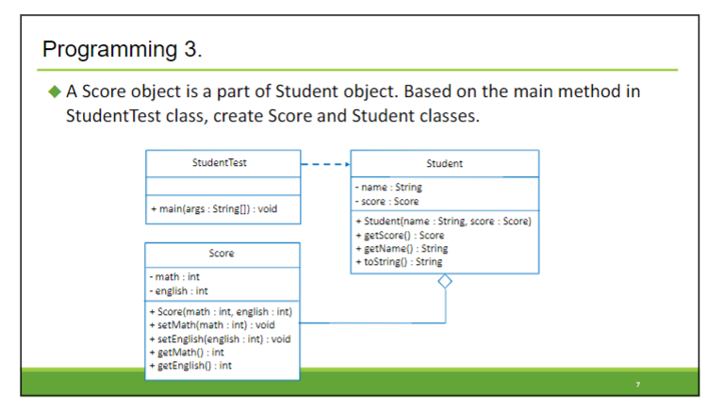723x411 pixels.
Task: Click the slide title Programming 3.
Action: [123, 49]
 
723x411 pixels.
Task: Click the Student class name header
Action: [444, 163]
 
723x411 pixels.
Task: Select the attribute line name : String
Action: [388, 188]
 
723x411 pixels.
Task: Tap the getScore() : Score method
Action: [399, 235]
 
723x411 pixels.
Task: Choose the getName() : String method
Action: [401, 248]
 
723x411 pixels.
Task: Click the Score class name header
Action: [222, 254]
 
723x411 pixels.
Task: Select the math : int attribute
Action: [174, 277]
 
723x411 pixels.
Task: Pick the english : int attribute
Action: [179, 290]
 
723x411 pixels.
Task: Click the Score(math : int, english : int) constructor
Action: [221, 311]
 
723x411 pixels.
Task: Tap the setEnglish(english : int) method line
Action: [220, 338]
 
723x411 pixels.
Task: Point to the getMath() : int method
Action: [186, 352]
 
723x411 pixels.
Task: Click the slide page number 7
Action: [638, 385]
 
